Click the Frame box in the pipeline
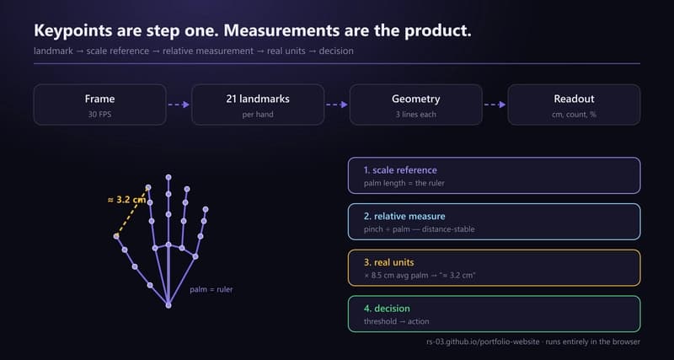point(99,105)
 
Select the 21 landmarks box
point(258,105)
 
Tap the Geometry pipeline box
point(415,105)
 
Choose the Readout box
point(574,105)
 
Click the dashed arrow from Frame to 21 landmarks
point(179,105)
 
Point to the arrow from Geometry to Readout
point(495,105)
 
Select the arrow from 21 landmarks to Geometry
point(337,105)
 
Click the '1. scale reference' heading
point(400,170)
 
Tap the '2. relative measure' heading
point(404,216)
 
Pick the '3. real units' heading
point(389,262)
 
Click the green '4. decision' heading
point(387,309)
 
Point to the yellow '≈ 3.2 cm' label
point(126,200)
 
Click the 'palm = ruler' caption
point(211,289)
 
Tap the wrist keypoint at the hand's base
point(168,305)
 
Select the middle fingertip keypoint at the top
point(168,177)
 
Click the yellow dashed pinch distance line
point(132,212)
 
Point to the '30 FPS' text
point(99,115)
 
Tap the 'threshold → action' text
point(396,321)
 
